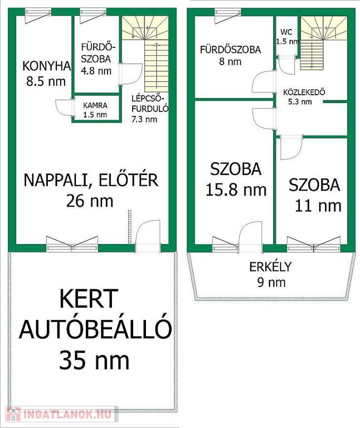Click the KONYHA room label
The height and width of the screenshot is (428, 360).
click(x=46, y=66)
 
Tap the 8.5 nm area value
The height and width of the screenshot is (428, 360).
click(x=46, y=81)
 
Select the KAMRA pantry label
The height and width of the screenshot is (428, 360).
click(x=95, y=105)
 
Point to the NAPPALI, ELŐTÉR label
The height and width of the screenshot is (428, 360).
click(x=91, y=180)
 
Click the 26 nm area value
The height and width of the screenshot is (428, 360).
click(x=90, y=201)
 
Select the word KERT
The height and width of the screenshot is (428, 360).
click(x=89, y=298)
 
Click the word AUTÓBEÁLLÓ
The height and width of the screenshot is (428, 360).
click(x=95, y=329)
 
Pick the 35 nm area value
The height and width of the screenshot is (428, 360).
click(x=94, y=360)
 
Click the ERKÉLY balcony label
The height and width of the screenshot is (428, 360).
click(x=270, y=267)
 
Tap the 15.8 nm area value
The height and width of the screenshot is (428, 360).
click(x=236, y=189)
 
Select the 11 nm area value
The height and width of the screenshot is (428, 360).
click(x=318, y=206)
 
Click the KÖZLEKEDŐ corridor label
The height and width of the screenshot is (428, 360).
click(x=304, y=92)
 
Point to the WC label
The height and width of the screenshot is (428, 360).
click(x=286, y=32)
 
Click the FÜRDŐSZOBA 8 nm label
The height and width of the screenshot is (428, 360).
click(x=230, y=55)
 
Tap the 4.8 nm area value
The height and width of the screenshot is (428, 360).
click(x=96, y=71)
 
